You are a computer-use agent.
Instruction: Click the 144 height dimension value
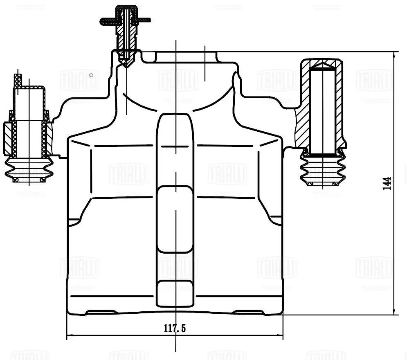coord(387,183)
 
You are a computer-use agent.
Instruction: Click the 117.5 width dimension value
coord(175,328)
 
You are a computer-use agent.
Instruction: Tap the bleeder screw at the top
coord(126,37)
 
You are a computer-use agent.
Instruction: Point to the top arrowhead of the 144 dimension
coord(394,56)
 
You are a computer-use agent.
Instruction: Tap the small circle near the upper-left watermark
coord(92,75)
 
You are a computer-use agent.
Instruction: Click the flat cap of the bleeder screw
coord(126,20)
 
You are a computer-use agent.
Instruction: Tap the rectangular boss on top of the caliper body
coord(186,56)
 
